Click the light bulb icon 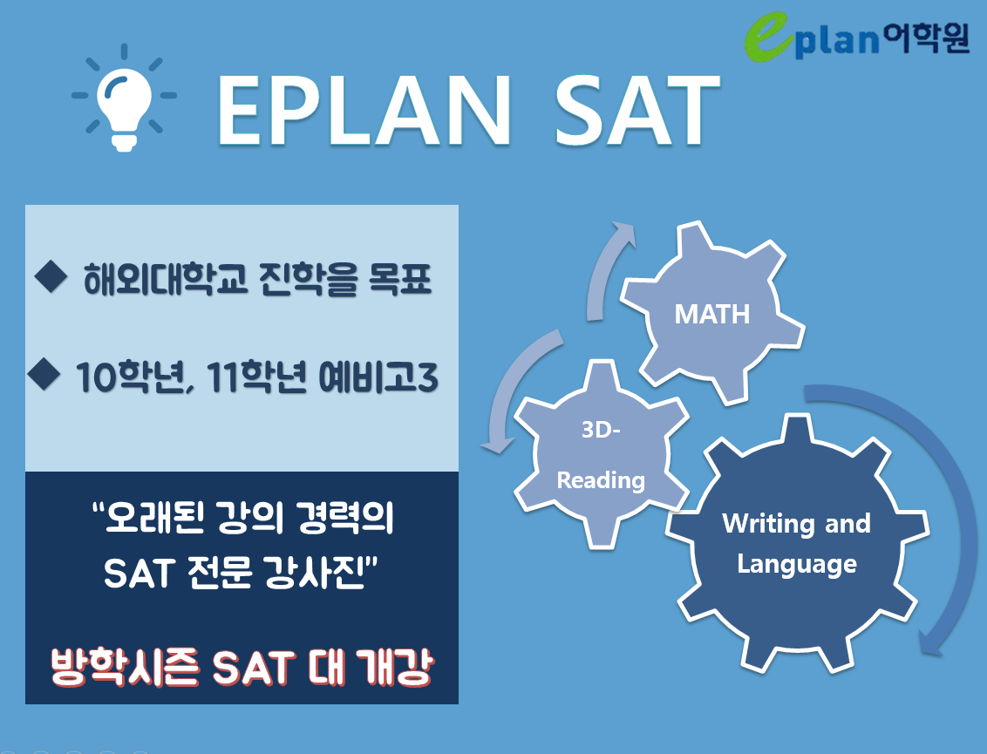point(124,98)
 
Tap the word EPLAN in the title point(364,110)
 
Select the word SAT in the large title point(637,110)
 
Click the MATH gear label point(712,314)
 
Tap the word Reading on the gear point(601,481)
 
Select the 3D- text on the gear point(601,430)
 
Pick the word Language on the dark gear point(797,565)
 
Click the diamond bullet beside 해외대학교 point(51,277)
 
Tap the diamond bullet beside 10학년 point(44,374)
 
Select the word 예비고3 point(378,377)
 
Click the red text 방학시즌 point(126,667)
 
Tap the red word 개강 point(395,667)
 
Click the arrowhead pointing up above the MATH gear point(623,234)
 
